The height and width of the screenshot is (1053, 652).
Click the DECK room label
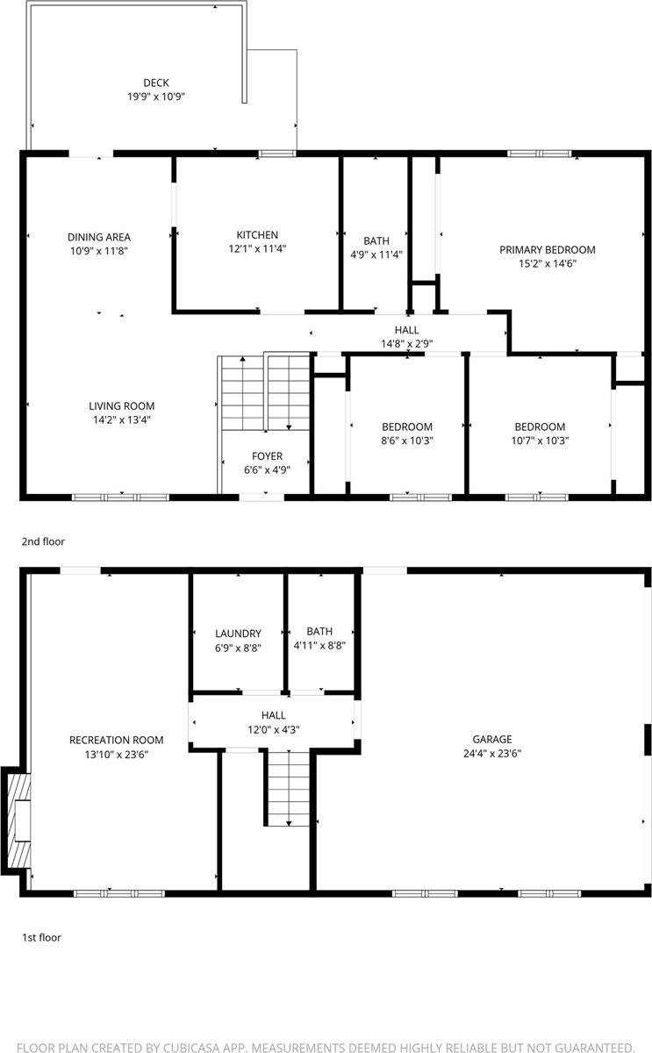(x=156, y=83)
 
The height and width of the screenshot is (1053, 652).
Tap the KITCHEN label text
(x=257, y=235)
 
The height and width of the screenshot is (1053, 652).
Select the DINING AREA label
(x=99, y=237)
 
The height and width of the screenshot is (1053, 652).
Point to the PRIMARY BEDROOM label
(x=548, y=249)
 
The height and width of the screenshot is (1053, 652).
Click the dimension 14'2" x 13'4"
(x=121, y=419)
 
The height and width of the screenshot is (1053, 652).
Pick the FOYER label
(x=267, y=456)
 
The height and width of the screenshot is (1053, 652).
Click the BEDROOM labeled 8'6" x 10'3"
(x=407, y=427)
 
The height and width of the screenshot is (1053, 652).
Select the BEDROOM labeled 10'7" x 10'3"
(x=540, y=427)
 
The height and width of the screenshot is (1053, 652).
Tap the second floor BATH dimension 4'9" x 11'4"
(x=376, y=255)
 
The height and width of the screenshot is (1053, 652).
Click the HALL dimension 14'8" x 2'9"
(x=406, y=344)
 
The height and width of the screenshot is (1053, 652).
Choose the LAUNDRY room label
(x=238, y=634)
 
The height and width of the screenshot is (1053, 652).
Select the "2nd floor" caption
(x=43, y=541)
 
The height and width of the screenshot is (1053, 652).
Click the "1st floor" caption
(x=41, y=937)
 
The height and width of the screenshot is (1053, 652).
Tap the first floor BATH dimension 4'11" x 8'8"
(x=319, y=645)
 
